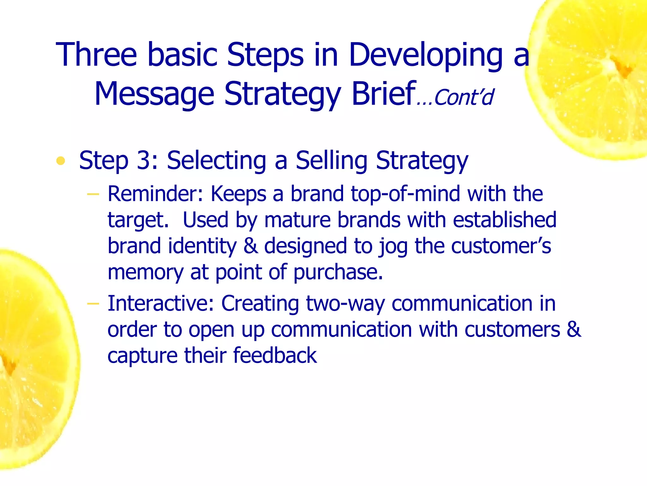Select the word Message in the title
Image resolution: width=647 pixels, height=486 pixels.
click(154, 94)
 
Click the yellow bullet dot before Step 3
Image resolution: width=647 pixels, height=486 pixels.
click(60, 161)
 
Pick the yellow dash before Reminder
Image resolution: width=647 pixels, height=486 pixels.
click(93, 194)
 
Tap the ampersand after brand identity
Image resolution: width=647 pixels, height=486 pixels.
click(250, 246)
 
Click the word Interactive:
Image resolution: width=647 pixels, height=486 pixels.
click(161, 303)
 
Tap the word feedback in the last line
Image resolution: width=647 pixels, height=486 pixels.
click(275, 355)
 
